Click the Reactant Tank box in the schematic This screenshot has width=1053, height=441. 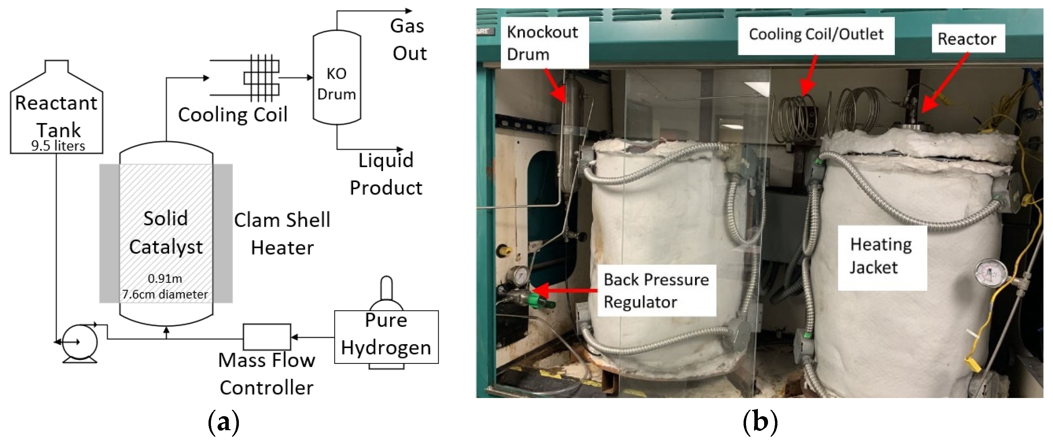click(57, 115)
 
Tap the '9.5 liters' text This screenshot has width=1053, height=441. click(58, 146)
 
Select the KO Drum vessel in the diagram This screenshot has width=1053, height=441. click(336, 78)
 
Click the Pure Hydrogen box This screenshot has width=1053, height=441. click(386, 337)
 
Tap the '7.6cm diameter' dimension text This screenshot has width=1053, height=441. click(165, 294)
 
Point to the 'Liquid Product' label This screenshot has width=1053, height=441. click(386, 174)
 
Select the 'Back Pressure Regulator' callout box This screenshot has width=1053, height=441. click(657, 291)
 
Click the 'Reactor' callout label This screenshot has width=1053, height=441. click(967, 39)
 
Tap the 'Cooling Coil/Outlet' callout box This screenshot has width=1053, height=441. click(816, 35)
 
